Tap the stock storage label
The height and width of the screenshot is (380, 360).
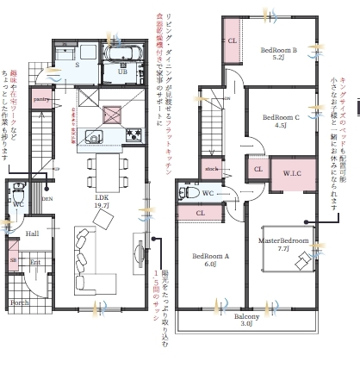tap(211, 168)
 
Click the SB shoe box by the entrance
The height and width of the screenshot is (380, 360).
tap(13, 259)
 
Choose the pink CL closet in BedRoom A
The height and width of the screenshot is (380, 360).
tap(199, 213)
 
